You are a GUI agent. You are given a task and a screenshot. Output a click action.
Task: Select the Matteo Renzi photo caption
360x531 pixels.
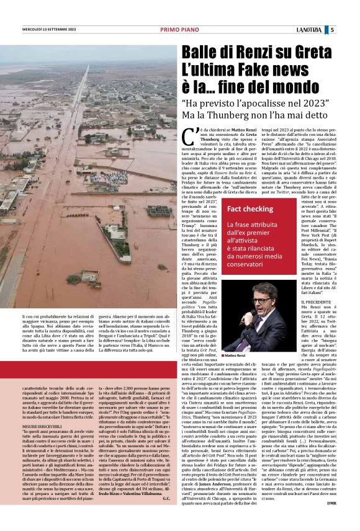(x=236, y=355)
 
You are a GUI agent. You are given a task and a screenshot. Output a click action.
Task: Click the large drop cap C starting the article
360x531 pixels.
(x=187, y=133)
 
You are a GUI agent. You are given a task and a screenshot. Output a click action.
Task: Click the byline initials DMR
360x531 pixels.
(x=331, y=521)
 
